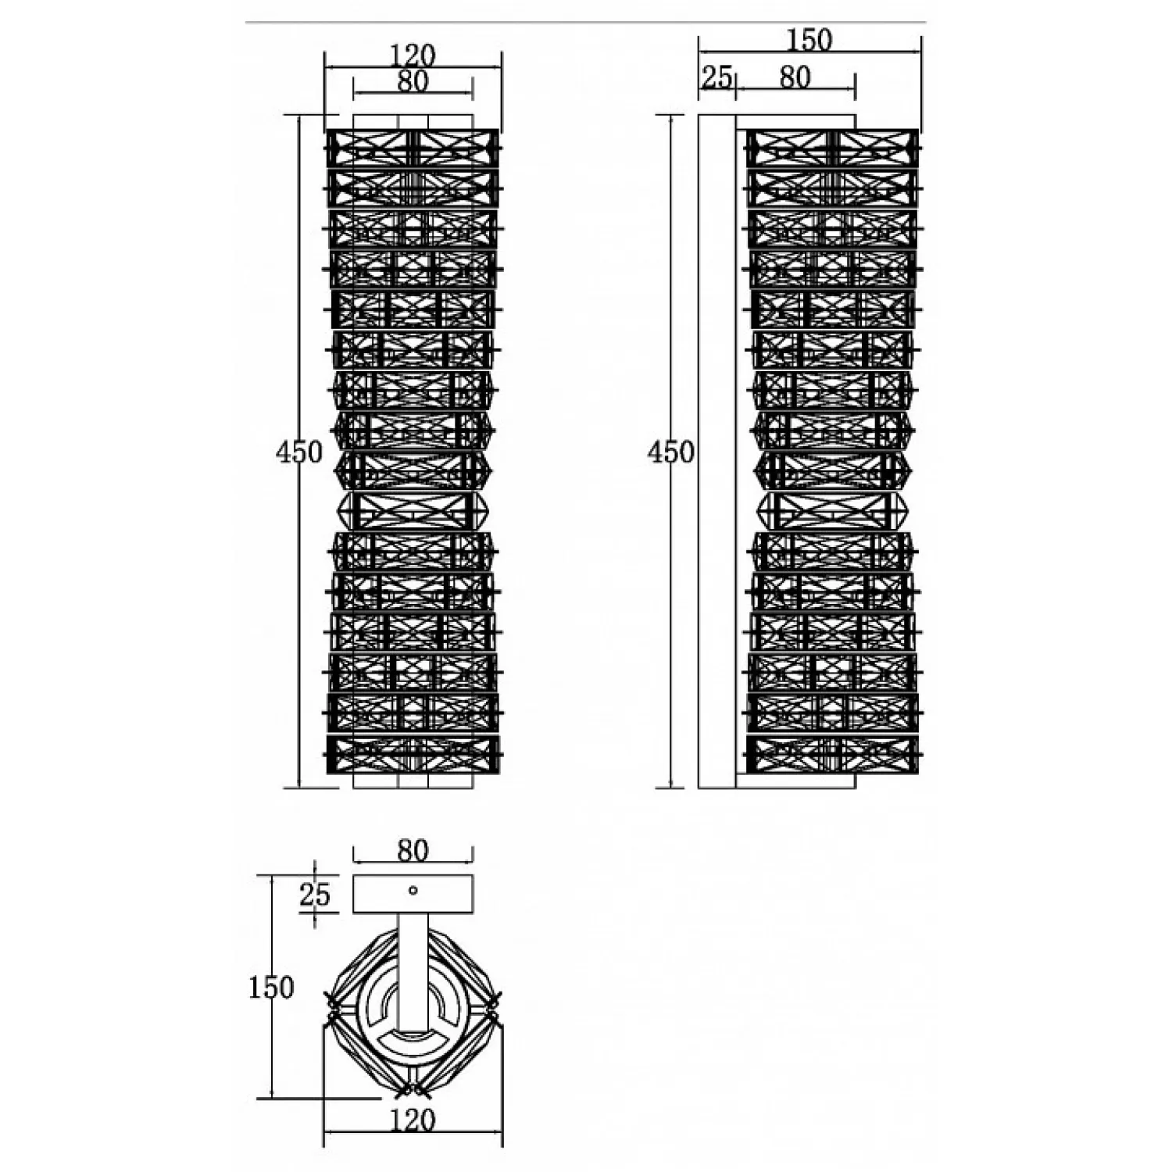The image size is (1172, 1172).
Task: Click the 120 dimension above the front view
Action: [x=413, y=55]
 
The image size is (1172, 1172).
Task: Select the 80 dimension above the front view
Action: [x=413, y=80]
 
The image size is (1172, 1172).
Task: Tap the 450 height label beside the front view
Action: [x=299, y=452]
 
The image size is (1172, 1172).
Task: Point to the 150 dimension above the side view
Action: [x=809, y=39]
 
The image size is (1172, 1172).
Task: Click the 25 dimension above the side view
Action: [x=716, y=77]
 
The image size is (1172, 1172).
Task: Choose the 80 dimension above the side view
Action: [x=795, y=77]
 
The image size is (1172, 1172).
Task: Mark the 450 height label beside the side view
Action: [x=671, y=452]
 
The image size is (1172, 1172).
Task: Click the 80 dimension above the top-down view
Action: [x=413, y=849]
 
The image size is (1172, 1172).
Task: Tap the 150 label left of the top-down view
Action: [x=271, y=988]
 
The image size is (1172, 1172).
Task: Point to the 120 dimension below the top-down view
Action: [x=413, y=1120]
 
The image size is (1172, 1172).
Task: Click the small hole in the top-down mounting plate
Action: [x=413, y=890]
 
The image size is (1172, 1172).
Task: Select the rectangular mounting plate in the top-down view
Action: [x=413, y=894]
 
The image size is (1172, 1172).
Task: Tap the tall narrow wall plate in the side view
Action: [x=717, y=451]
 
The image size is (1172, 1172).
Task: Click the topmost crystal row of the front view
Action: [x=413, y=148]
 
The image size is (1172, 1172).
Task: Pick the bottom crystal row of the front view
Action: [x=413, y=754]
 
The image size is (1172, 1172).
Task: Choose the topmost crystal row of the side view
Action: [x=832, y=148]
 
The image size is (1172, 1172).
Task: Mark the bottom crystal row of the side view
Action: [x=832, y=754]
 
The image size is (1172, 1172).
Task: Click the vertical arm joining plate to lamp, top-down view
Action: [x=413, y=973]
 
